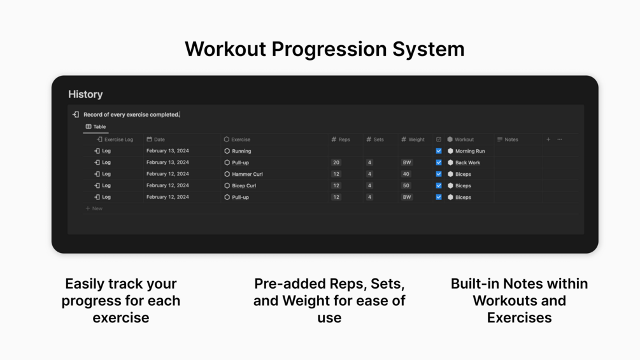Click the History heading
[85, 94]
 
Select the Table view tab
[96, 127]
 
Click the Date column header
[155, 139]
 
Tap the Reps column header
[341, 139]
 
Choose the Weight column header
[413, 139]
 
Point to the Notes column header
[508, 139]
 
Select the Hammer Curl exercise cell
[243, 174]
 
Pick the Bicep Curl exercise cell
[240, 185]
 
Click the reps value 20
[336, 162]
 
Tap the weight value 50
[406, 185]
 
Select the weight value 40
[406, 174]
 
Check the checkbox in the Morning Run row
[439, 151]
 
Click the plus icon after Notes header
[548, 139]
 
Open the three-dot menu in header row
[560, 139]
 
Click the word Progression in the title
[329, 50]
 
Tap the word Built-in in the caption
[474, 284]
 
